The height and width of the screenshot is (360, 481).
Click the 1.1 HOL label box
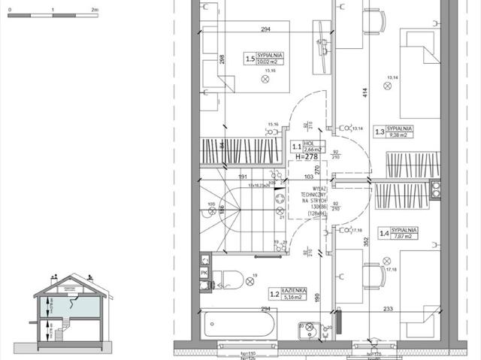308,148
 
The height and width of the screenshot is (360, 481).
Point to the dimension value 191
244,177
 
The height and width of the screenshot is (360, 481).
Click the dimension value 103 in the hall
308,177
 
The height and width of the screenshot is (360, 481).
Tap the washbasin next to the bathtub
309,327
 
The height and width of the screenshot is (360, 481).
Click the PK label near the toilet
204,273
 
